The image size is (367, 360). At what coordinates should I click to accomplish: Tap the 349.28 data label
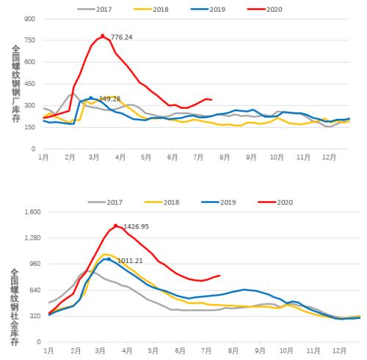(x=109, y=98)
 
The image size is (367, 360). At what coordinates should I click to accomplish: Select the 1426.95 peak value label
(x=133, y=227)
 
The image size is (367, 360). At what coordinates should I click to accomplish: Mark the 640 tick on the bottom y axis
(x=32, y=289)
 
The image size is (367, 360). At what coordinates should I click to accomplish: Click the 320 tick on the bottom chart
(x=32, y=315)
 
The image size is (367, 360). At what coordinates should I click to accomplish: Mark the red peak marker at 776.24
(x=103, y=35)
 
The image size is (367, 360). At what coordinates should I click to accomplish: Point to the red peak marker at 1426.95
(x=116, y=226)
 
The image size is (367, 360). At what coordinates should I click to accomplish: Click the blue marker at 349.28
(x=91, y=97)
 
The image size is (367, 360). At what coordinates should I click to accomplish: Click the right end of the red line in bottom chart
(x=219, y=276)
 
